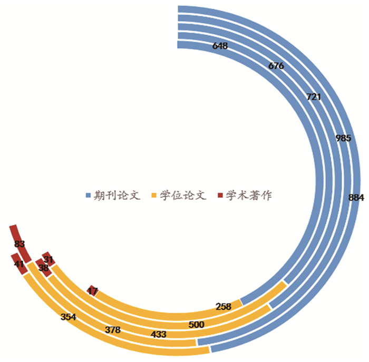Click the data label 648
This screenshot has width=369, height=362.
220,46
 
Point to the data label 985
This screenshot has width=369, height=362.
343,138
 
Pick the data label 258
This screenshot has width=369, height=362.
224,306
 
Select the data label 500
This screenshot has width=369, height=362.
196,325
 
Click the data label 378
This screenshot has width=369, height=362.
113,330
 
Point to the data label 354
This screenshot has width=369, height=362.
69,318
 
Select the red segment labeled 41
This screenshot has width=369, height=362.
19,264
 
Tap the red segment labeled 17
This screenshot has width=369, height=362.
92,291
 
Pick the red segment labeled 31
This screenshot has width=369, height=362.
48,259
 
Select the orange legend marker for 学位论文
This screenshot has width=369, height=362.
154,195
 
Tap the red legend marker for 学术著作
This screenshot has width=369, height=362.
220,195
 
